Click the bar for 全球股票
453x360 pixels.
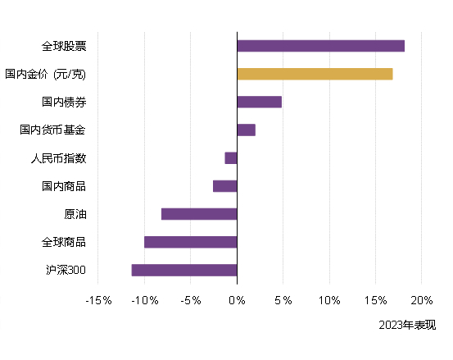pyautogui.click(x=320, y=46)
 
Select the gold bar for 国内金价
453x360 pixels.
pyautogui.click(x=315, y=74)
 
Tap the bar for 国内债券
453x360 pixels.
pyautogui.click(x=259, y=102)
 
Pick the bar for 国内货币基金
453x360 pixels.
pyautogui.click(x=246, y=130)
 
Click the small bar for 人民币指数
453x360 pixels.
pyautogui.click(x=231, y=158)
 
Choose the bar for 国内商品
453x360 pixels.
pyautogui.click(x=225, y=186)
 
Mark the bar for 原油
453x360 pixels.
pyautogui.click(x=199, y=214)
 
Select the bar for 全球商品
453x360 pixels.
pyautogui.click(x=191, y=242)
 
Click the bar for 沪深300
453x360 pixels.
pyautogui.click(x=184, y=270)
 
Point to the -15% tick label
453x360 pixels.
pyautogui.click(x=98, y=300)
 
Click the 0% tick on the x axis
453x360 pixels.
pyautogui.click(x=237, y=300)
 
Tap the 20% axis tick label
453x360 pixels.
pyautogui.click(x=421, y=300)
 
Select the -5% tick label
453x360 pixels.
pyautogui.click(x=191, y=300)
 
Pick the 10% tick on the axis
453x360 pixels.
pyautogui.click(x=329, y=300)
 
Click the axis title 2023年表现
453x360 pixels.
pyautogui.click(x=407, y=326)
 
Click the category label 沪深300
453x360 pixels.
pyautogui.click(x=66, y=270)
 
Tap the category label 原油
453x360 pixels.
pyautogui.click(x=75, y=214)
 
